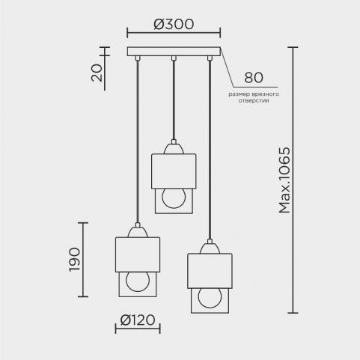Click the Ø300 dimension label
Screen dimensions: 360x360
tap(174, 24)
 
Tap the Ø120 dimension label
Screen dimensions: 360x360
tap(138, 320)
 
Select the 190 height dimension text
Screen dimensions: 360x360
tap(74, 260)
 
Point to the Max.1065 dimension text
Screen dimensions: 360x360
tap(284, 180)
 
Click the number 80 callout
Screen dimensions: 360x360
tap(254, 78)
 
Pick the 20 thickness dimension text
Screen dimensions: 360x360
tap(97, 73)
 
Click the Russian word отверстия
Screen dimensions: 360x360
tap(254, 101)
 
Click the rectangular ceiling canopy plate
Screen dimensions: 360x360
tap(174, 52)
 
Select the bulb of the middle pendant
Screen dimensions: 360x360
tap(174, 198)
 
